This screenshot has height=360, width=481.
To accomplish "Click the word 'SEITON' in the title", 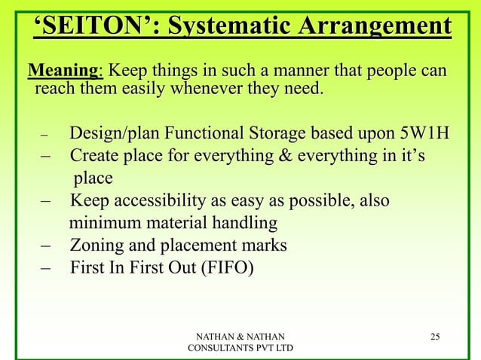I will (x=95, y=28).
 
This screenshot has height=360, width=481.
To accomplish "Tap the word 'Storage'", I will (x=274, y=135).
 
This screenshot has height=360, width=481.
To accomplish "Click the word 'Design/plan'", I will (x=114, y=135).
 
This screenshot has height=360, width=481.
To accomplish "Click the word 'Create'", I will (x=95, y=157).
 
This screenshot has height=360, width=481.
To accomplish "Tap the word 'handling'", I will (x=245, y=224).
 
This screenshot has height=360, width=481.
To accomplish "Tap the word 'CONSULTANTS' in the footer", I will (x=219, y=348).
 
